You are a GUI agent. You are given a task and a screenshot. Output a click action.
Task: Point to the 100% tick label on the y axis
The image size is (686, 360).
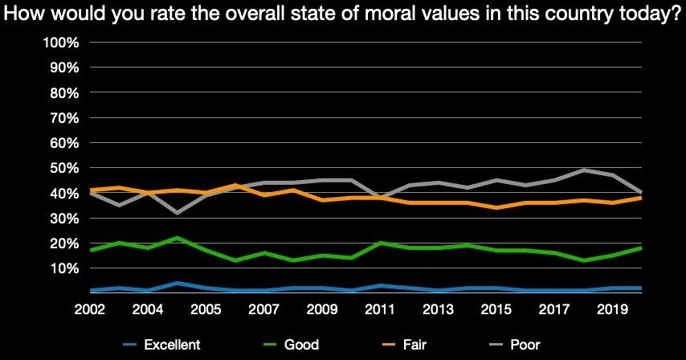point(60,43)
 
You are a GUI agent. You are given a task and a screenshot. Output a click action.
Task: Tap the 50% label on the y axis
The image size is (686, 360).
point(63,168)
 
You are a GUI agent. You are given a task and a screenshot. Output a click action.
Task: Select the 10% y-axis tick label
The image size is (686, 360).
point(63,268)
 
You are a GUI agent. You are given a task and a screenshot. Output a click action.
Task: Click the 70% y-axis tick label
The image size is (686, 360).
point(63,118)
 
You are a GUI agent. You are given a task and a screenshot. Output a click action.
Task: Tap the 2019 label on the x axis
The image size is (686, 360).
point(613,309)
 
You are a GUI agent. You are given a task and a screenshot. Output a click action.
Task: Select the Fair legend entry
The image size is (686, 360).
point(417,346)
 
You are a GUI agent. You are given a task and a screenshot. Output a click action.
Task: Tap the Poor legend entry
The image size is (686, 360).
point(525,346)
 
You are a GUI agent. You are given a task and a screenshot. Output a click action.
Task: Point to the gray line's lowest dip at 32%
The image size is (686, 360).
point(176,213)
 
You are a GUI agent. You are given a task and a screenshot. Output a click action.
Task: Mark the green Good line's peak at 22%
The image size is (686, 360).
point(176,238)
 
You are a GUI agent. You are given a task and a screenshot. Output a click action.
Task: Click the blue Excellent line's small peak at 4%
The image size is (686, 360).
point(176,283)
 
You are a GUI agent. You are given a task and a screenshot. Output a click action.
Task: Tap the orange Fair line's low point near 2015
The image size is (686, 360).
point(498,207)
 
